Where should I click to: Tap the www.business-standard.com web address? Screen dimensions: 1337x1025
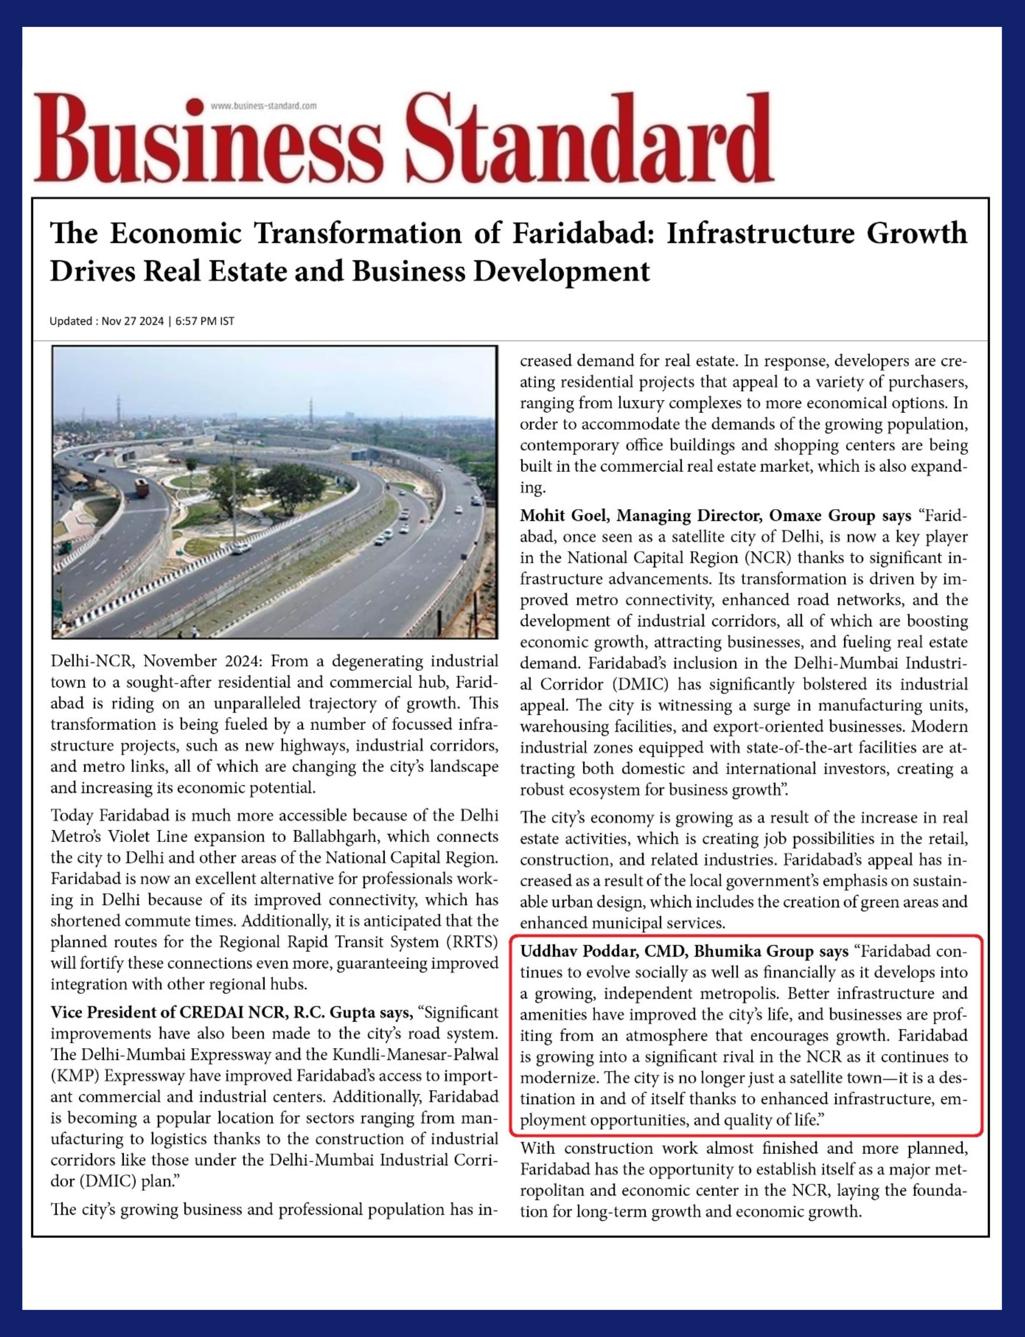pos(263,106)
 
